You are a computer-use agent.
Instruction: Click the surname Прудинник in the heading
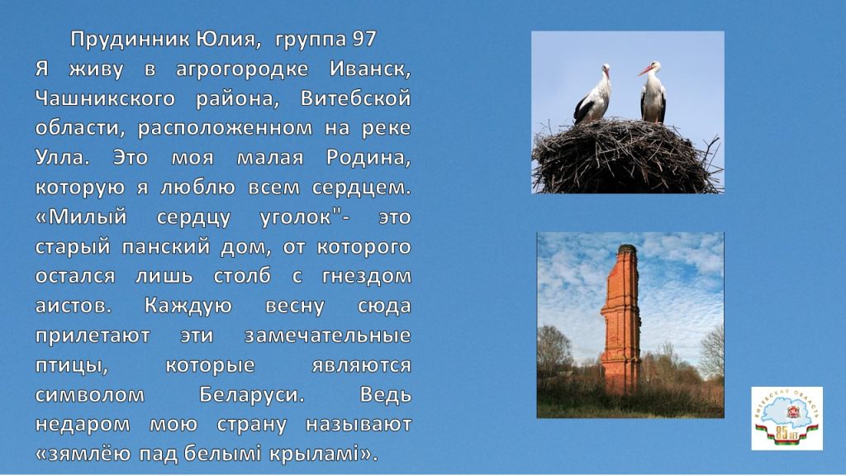point(131,40)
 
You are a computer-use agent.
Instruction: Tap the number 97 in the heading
point(364,39)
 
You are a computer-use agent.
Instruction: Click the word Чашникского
point(105,99)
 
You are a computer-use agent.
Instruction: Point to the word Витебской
point(356,99)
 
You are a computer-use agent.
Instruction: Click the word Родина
point(368,158)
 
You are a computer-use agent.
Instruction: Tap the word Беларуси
point(252,394)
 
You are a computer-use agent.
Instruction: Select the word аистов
point(74,306)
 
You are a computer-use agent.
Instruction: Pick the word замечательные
point(327,336)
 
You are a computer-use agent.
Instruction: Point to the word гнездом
point(366,276)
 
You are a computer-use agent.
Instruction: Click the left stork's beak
point(607,73)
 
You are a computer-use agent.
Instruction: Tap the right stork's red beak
point(645,70)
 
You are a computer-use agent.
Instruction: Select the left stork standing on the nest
point(592,94)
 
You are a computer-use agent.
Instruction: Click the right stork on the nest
point(653,92)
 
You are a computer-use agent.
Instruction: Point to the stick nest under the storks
point(626,156)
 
